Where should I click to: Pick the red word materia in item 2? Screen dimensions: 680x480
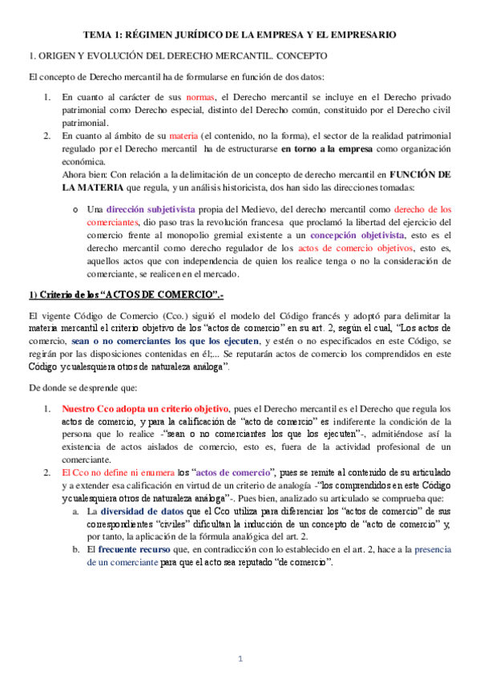click(x=184, y=136)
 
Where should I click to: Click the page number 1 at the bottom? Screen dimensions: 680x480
click(x=240, y=658)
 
